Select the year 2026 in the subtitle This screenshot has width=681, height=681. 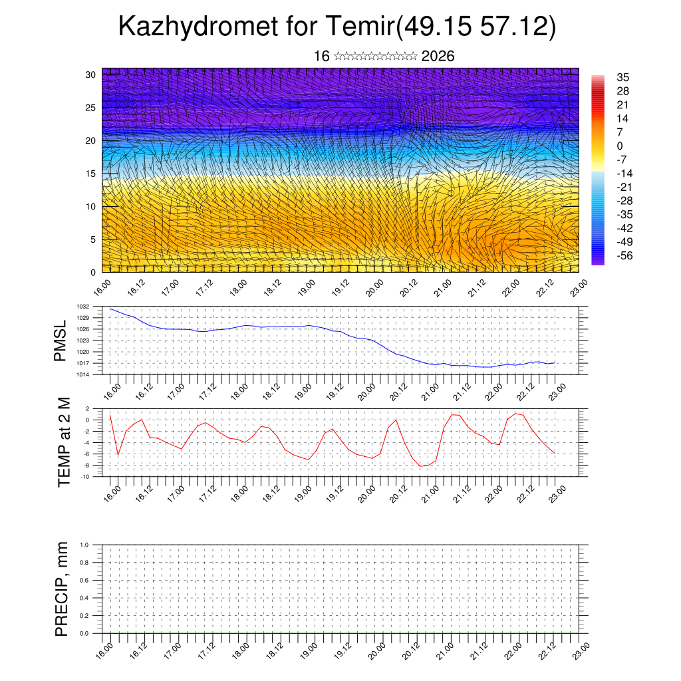click(438, 57)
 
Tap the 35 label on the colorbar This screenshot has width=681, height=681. click(623, 77)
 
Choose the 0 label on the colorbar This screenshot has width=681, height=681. click(620, 146)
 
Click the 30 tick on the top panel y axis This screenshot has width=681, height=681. click(91, 74)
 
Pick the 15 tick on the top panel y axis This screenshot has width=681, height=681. click(91, 174)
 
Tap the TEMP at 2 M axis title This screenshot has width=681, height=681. click(64, 442)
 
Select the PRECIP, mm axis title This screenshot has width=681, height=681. click(62, 589)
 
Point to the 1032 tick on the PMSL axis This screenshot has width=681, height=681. click(83, 307)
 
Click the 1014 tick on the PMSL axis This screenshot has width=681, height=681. click(83, 374)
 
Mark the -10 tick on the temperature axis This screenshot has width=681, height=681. click(85, 477)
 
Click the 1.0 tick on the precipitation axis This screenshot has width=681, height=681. click(84, 545)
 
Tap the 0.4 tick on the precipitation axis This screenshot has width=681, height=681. click(84, 598)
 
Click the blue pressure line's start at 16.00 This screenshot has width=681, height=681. click(110, 309)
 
